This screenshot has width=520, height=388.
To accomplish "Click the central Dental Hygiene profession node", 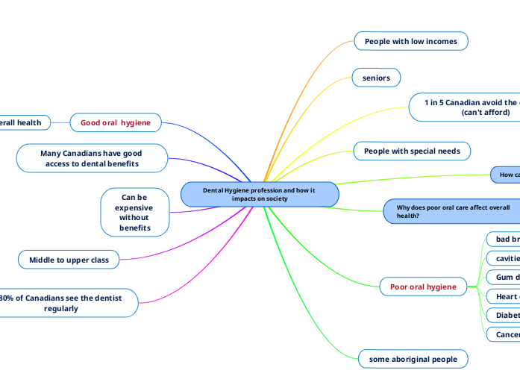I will click(x=260, y=195).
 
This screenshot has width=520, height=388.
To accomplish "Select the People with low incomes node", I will click(x=410, y=42).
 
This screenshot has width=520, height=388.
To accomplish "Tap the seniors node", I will click(x=376, y=78).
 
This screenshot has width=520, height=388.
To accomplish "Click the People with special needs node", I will click(x=411, y=151).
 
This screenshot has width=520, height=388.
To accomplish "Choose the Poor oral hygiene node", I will click(x=423, y=287).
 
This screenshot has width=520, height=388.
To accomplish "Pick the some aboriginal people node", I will click(x=413, y=359).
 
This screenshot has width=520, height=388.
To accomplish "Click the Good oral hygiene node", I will click(x=116, y=122).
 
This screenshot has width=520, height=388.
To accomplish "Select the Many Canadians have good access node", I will click(x=92, y=158).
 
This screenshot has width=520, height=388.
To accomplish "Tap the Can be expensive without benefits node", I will click(x=134, y=212).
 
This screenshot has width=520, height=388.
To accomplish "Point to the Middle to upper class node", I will click(x=69, y=260).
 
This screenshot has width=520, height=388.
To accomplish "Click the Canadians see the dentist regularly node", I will click(x=67, y=302).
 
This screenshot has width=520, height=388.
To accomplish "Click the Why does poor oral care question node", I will click(x=453, y=211).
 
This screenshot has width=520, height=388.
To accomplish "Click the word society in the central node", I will click(x=274, y=199).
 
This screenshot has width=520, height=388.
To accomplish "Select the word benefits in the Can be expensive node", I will click(x=134, y=228).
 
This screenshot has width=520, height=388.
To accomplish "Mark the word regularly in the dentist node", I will click(x=61, y=308).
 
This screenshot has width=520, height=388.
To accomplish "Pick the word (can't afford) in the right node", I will click(x=486, y=113).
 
